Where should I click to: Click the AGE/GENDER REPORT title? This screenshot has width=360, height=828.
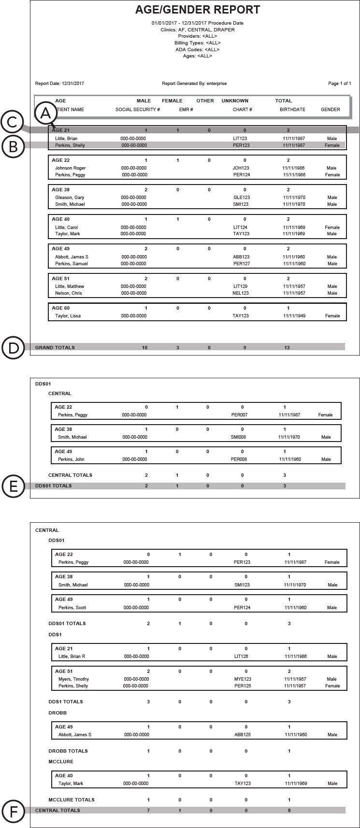click(198, 10)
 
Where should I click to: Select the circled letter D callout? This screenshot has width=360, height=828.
click(13, 348)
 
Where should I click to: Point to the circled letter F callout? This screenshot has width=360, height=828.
click(13, 811)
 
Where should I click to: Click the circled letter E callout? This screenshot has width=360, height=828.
click(13, 486)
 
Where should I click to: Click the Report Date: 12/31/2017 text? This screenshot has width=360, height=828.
click(59, 84)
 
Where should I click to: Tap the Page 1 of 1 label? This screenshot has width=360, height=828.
click(339, 84)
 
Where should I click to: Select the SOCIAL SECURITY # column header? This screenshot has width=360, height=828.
click(138, 110)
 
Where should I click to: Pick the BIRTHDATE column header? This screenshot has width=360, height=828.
click(292, 110)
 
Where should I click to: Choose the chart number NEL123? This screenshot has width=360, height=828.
click(241, 293)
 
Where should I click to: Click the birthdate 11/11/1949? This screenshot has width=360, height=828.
click(294, 316)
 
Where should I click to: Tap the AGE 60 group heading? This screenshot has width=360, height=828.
click(60, 308)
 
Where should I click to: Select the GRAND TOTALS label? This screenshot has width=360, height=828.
click(55, 347)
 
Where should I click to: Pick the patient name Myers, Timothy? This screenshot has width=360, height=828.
click(73, 679)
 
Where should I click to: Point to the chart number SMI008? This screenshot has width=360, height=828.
click(239, 437)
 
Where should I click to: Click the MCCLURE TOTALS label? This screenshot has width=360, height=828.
click(72, 799)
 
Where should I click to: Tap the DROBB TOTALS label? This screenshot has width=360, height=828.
click(68, 751)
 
